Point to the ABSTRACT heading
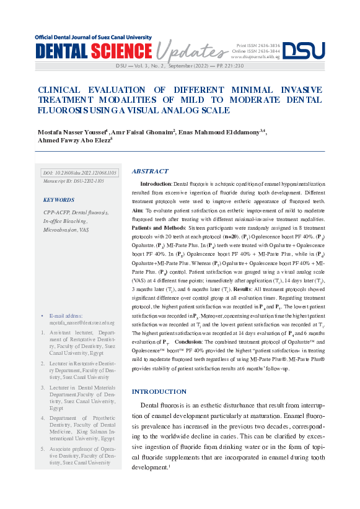pyautogui.click(x=150, y=172)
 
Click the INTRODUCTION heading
pyautogui.click(x=159, y=391)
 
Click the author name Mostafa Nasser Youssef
pyautogui.click(x=72, y=132)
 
